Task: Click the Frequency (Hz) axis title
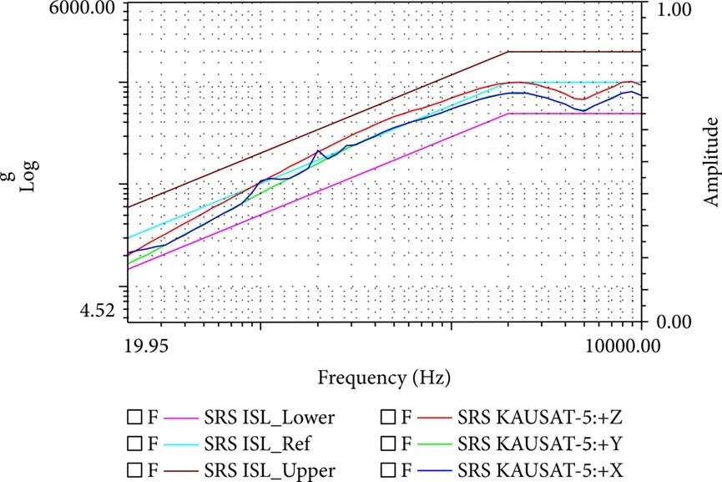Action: (384, 377)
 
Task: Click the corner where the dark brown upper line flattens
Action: (509, 52)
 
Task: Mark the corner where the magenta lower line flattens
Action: (509, 113)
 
